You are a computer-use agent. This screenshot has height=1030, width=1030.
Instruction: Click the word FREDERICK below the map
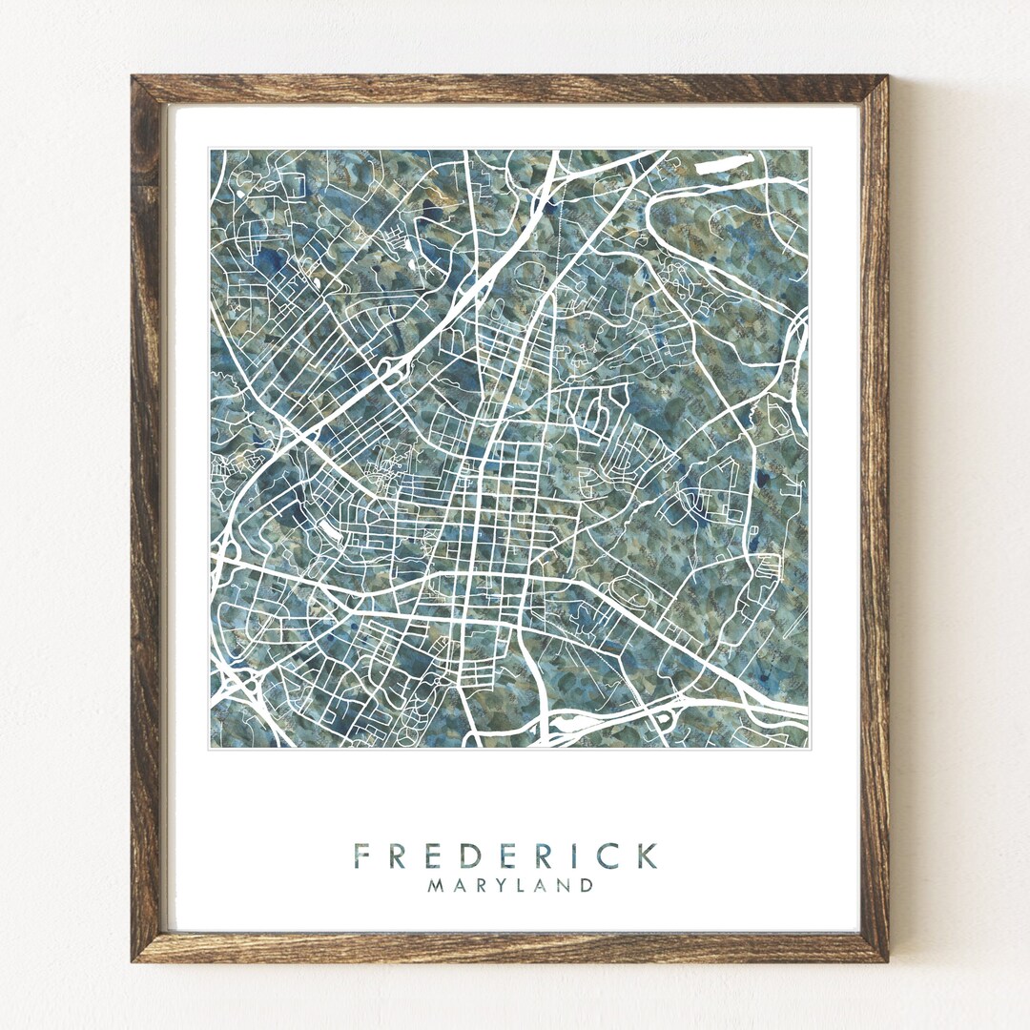505,855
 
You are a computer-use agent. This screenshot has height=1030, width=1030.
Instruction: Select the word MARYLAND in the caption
510,885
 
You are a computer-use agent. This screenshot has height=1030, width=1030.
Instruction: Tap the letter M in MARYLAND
435,885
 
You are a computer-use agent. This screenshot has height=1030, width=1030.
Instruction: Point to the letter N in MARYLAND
566,885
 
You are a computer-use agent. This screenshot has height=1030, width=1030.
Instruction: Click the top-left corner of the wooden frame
134,77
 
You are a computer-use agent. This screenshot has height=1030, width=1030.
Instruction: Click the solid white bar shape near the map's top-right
724,164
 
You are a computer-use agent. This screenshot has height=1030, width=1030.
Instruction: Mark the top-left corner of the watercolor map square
211,150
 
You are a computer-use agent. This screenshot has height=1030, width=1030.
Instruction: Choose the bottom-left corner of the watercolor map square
211,747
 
